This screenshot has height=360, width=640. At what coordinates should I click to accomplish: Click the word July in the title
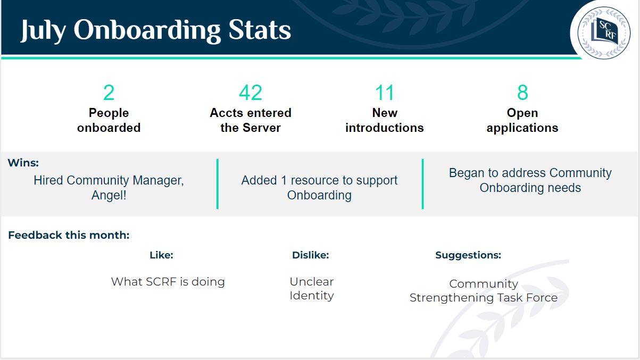click(43, 30)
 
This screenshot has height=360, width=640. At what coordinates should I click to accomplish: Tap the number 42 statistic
click(250, 93)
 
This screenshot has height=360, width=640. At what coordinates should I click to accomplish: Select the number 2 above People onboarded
click(109, 93)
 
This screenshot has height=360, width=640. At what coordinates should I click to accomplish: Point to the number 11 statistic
click(384, 93)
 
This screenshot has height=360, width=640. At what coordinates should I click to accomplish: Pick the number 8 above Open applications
click(522, 93)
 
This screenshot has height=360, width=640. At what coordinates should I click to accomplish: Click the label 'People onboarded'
click(109, 120)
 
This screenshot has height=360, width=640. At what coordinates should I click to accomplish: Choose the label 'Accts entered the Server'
click(250, 120)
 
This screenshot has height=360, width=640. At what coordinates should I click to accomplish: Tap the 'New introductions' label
click(384, 120)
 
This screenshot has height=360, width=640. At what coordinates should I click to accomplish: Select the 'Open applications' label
click(522, 120)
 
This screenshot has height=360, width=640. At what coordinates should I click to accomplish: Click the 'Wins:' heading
click(23, 163)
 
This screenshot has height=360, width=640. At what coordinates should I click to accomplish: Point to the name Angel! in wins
click(109, 195)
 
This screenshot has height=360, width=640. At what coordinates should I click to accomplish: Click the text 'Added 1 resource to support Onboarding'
click(319, 188)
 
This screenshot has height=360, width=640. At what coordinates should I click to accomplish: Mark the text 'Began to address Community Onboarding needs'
click(530, 180)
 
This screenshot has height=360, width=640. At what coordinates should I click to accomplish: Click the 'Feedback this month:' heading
click(69, 235)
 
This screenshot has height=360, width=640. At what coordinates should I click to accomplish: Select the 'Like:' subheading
click(161, 255)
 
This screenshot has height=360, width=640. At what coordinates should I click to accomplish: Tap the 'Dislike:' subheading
click(310, 255)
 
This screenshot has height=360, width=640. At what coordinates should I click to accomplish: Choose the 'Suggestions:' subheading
click(468, 255)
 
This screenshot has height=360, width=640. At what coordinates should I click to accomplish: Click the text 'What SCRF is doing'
click(168, 282)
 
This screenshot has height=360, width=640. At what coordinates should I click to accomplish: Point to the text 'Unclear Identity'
click(311, 289)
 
